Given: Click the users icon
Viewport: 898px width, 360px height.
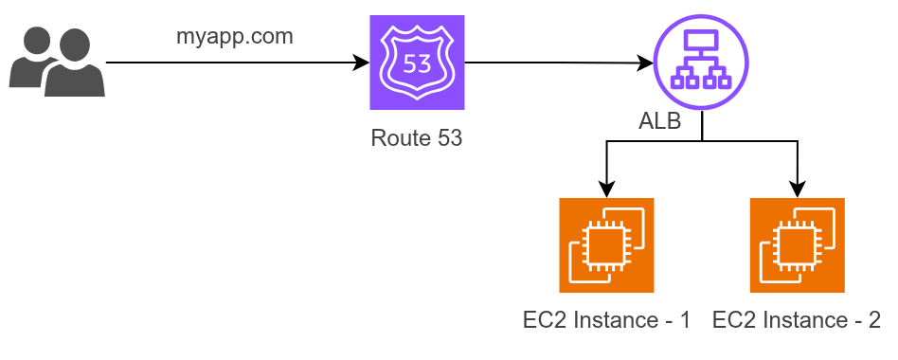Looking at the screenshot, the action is tap(57, 62).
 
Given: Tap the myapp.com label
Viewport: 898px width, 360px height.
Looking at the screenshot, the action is tap(234, 37).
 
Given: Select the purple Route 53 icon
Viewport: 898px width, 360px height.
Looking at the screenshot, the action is tap(417, 63).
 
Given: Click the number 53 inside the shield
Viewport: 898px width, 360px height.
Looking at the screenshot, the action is tap(417, 64).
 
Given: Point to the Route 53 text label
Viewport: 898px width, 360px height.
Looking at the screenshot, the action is tap(417, 138).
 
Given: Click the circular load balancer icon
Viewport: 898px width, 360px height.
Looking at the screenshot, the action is tap(701, 62).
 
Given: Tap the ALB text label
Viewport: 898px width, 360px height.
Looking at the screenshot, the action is tap(660, 122).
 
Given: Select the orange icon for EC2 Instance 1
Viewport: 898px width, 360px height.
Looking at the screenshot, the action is tap(606, 245).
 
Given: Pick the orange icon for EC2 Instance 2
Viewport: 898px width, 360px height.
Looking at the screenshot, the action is tap(798, 245).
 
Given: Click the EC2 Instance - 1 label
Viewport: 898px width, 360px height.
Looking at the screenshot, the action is tap(606, 320).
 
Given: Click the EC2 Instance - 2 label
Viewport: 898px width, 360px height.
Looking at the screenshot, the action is tap(797, 320).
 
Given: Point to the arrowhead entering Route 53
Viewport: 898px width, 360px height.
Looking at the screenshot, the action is tap(362, 63).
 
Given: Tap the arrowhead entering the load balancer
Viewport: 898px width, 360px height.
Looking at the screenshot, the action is tap(645, 63).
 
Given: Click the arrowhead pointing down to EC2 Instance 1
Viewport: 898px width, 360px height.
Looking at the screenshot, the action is tap(606, 189).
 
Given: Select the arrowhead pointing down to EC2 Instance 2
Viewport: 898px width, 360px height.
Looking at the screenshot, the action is tap(798, 189).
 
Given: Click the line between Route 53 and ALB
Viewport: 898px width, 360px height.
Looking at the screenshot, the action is tap(559, 63).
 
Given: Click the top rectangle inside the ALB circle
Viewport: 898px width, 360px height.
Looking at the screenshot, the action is tap(701, 39).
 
